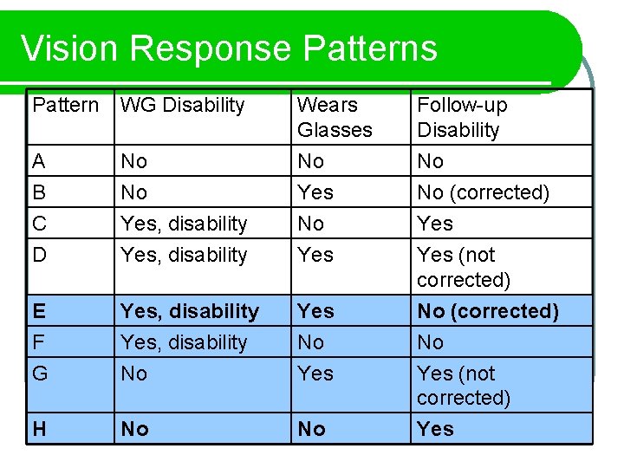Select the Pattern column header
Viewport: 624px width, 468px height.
point(66,106)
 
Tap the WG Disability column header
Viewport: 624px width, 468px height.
point(183,106)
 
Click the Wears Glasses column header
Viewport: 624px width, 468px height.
point(335,117)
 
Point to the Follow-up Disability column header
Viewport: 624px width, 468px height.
point(462,117)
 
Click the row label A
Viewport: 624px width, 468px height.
point(39,161)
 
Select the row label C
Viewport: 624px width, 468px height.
point(40,224)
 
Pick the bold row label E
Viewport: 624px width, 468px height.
point(39,311)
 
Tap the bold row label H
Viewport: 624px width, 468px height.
point(40,429)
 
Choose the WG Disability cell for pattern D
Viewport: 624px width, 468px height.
point(184,255)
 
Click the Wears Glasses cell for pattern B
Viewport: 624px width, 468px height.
point(315,192)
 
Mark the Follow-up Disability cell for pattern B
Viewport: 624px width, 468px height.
point(483,192)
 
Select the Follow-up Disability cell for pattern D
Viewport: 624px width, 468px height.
point(464,267)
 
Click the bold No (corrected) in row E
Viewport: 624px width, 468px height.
point(487,311)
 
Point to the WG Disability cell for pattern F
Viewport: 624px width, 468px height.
point(184,342)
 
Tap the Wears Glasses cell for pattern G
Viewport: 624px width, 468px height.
point(315,374)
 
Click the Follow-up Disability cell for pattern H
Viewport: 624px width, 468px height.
point(435,429)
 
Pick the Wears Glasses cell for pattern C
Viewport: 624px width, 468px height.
point(310,224)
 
